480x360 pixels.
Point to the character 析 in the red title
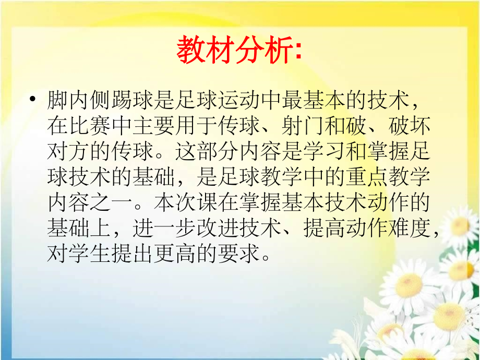pos(277,51)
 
